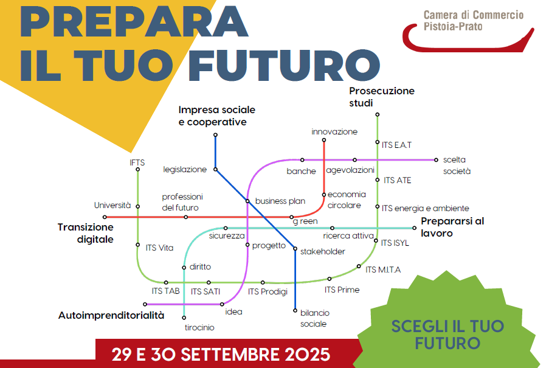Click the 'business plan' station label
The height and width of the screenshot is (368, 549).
click(x=280, y=201)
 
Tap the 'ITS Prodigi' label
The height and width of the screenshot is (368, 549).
click(x=268, y=292)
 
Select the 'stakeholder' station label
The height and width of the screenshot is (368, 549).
click(x=322, y=251)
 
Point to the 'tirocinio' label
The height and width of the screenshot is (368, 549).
click(x=199, y=327)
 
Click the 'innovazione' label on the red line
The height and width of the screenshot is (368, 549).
click(x=334, y=131)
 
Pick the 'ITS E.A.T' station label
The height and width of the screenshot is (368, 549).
click(x=396, y=145)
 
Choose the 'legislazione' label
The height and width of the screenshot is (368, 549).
click(x=185, y=170)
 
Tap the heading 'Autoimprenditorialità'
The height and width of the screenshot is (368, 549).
click(x=111, y=316)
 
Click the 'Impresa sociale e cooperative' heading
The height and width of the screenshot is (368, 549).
click(x=216, y=116)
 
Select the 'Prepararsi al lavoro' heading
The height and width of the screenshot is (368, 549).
click(x=452, y=227)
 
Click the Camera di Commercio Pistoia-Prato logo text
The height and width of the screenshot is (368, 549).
click(x=474, y=21)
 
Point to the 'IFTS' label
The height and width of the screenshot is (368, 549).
click(x=137, y=162)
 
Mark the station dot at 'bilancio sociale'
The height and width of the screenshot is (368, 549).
click(x=295, y=311)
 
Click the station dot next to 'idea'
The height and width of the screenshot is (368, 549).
click(x=222, y=304)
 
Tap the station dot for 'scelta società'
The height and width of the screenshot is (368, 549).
click(x=436, y=160)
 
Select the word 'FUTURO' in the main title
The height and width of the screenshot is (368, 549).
click(x=285, y=66)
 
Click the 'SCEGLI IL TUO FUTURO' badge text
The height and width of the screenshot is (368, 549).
click(x=447, y=335)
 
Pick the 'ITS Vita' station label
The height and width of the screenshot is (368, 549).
click(x=159, y=248)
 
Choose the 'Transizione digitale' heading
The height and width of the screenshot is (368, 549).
click(x=86, y=233)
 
